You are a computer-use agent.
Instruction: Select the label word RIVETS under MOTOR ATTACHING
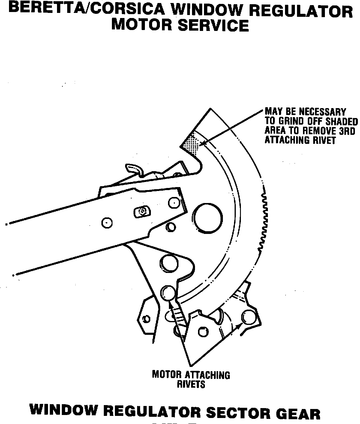pos(191,384)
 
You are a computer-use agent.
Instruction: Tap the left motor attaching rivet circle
pos(168,293)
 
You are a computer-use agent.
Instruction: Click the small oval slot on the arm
pos(141,211)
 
